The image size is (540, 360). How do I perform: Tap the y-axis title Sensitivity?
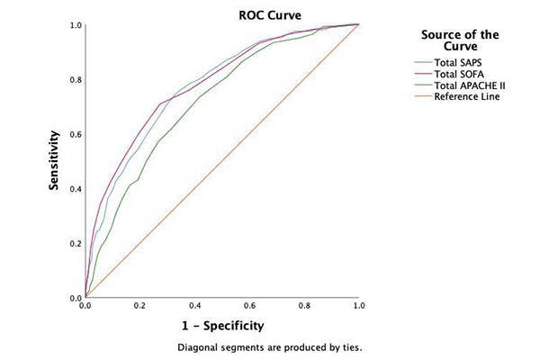tap(54, 162)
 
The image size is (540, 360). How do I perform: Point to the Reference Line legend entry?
tap(467, 97)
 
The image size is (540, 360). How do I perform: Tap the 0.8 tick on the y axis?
tap(74, 79)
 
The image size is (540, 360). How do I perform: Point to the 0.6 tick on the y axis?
tap(74, 134)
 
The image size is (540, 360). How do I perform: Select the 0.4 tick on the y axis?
tap(74, 189)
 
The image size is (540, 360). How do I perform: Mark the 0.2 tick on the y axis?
tap(74, 243)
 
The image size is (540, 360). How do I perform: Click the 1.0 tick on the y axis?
tap(74, 24)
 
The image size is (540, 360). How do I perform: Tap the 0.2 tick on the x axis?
tap(139, 306)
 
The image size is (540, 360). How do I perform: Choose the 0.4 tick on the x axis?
tap(194, 306)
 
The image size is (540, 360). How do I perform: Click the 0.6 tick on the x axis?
tap(249, 306)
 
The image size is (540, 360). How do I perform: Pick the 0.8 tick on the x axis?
tap(304, 306)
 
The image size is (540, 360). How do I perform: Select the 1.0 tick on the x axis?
tap(358, 306)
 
